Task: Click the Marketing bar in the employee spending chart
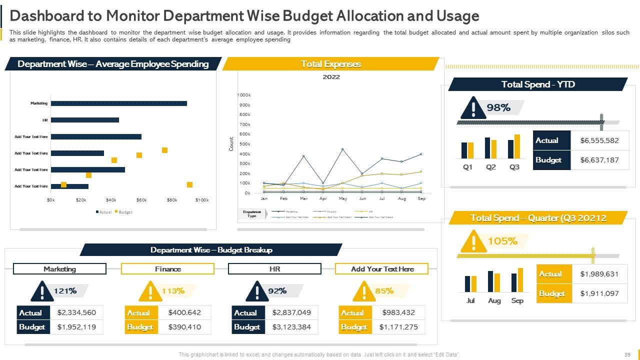(x=118, y=103)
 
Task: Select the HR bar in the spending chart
(x=85, y=120)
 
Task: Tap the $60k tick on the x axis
(x=141, y=200)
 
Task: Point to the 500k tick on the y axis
(x=244, y=144)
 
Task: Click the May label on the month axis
(x=342, y=198)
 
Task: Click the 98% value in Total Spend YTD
(x=498, y=107)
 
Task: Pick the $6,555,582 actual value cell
(x=599, y=140)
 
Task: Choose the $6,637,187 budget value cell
(x=599, y=160)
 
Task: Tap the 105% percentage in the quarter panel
(x=502, y=241)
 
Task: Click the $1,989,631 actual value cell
(x=599, y=274)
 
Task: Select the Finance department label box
(x=167, y=269)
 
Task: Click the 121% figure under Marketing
(x=65, y=290)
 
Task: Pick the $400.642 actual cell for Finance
(x=184, y=312)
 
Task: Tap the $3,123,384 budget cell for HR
(x=291, y=327)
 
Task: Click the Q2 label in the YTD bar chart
(x=491, y=167)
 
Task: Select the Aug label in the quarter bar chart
(x=494, y=300)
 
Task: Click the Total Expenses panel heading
(x=330, y=64)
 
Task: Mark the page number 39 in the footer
(x=627, y=354)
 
